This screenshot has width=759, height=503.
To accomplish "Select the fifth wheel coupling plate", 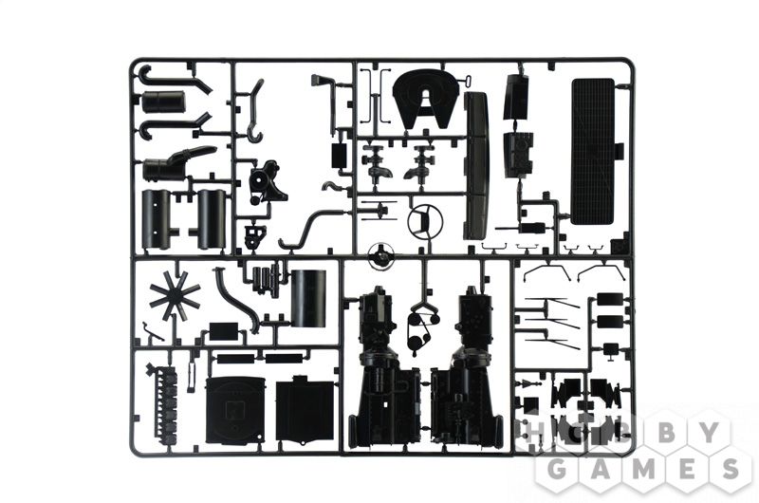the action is [x=425, y=101].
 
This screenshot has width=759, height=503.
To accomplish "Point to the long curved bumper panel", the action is [x=475, y=164].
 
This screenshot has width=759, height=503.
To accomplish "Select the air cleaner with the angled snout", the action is [x=175, y=162].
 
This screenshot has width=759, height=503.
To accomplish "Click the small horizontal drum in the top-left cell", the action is [x=163, y=101].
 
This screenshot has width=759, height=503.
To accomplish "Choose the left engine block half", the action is [x=383, y=368].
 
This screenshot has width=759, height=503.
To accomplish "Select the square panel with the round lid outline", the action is [x=235, y=411].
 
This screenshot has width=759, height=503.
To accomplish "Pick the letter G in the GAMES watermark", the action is [x=558, y=469].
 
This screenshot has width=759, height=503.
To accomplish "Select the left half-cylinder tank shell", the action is [x=156, y=218].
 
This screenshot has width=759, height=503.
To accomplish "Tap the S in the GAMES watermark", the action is [x=727, y=469].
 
